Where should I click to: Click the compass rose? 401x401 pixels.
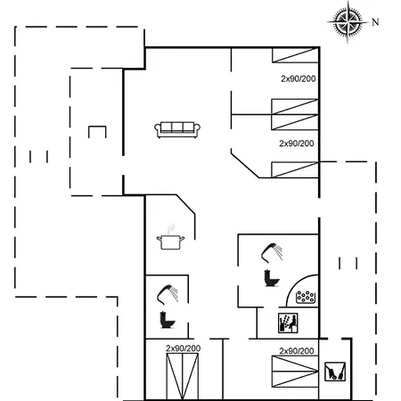348,22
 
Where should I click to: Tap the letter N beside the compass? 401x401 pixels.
375,22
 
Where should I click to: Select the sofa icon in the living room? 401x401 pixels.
177,129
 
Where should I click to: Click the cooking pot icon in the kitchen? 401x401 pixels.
170,242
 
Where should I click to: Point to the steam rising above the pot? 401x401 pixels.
170,228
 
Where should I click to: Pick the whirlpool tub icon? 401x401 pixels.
306,298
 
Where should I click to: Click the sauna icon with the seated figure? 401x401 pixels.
288,323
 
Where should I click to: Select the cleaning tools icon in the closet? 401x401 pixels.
335,372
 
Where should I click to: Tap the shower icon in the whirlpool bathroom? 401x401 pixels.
272,252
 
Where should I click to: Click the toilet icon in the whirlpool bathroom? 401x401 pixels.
272,278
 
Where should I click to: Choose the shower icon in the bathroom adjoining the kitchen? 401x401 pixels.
168,295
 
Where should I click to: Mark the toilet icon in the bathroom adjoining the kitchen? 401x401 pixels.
168,320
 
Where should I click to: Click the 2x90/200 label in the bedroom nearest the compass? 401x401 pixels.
299,78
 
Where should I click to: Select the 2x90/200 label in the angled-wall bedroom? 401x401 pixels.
297,143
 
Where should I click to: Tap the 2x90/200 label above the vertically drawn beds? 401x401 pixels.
184,348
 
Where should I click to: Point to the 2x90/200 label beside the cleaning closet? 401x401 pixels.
297,351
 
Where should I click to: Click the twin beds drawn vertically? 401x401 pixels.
183,377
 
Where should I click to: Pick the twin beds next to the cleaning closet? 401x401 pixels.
295,372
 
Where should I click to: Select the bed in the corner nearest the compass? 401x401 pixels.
296,55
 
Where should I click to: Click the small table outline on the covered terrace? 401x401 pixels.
97,132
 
